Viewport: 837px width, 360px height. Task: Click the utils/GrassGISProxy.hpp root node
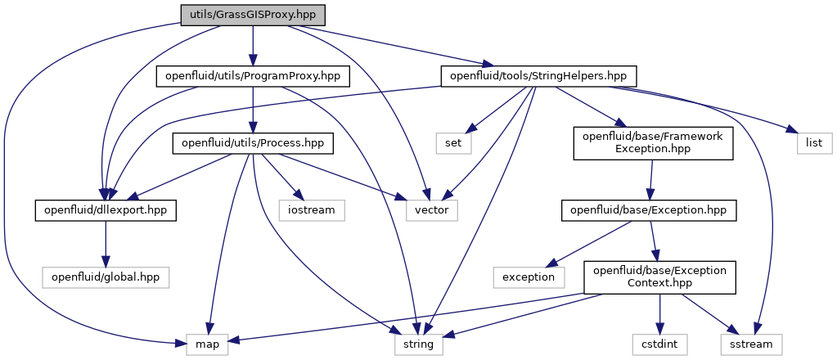(252, 15)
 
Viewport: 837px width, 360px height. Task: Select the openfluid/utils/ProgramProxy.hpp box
(254, 77)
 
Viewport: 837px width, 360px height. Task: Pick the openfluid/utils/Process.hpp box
(253, 144)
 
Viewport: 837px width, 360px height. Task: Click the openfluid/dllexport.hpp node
(105, 210)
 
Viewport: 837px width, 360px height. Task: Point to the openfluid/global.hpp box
(105, 277)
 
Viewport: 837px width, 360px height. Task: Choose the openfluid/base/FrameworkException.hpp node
(652, 143)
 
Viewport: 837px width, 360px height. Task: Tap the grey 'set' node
(453, 144)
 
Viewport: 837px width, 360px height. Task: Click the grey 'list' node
(813, 144)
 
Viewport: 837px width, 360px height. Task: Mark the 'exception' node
(529, 277)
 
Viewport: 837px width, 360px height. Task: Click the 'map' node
(206, 344)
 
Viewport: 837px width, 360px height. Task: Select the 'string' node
(419, 344)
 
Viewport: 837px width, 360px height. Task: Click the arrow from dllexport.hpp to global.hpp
(105, 244)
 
